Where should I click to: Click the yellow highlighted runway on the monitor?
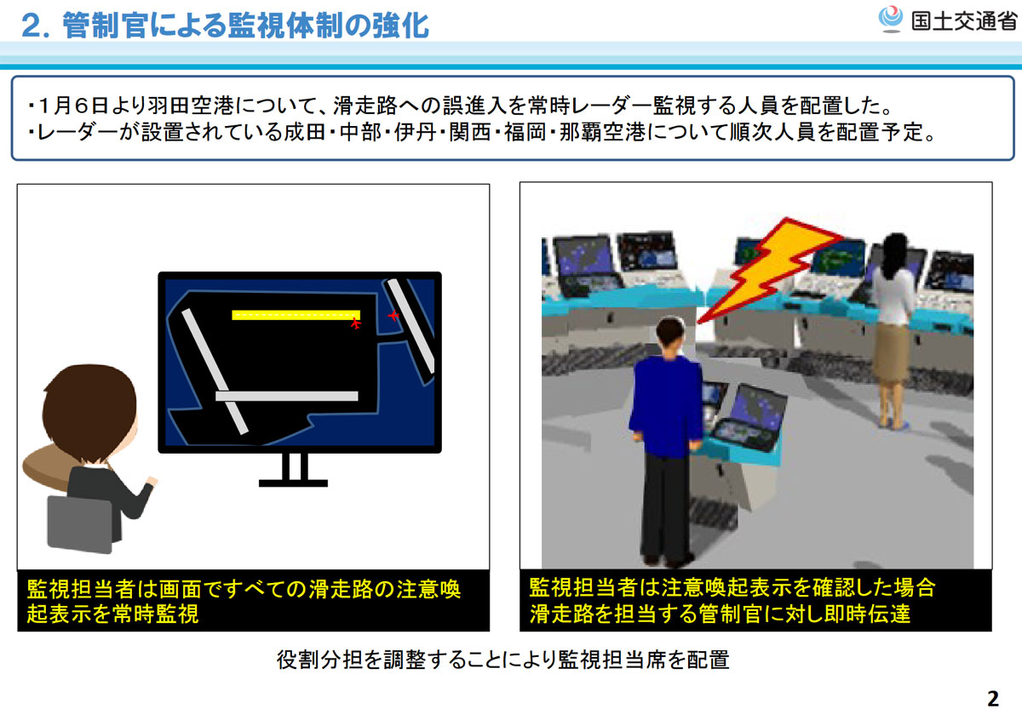(x=296, y=315)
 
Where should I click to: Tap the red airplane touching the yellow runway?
(x=355, y=323)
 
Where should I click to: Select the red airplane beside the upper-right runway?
(x=393, y=315)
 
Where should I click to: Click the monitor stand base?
(x=293, y=483)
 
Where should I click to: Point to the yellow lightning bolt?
(x=771, y=269)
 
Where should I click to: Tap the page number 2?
(x=993, y=699)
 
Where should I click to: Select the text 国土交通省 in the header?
(x=963, y=21)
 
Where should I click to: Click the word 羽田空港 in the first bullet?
(x=191, y=106)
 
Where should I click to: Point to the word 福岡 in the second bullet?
(x=525, y=132)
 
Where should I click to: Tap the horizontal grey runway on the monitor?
(x=286, y=396)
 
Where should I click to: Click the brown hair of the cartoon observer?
(x=89, y=410)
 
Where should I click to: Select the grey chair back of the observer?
(x=80, y=524)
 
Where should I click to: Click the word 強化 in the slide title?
(x=401, y=25)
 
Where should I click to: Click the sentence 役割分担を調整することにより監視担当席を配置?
(x=502, y=660)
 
